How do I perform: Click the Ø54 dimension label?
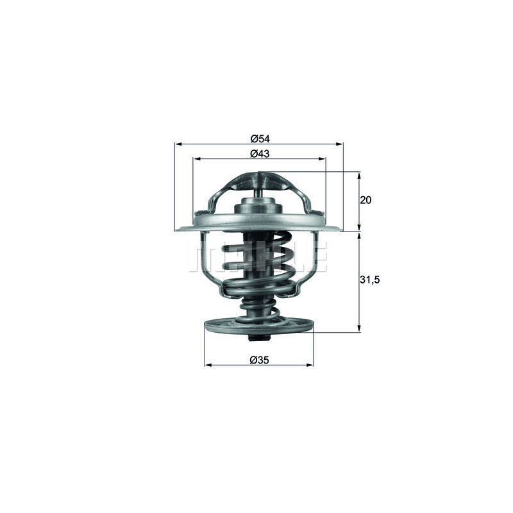258,139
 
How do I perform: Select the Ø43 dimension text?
258,153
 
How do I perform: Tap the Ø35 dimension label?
259,360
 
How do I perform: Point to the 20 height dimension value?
366,200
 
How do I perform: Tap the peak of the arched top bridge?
259,175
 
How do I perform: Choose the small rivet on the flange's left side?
201,214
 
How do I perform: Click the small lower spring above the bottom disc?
259,310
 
